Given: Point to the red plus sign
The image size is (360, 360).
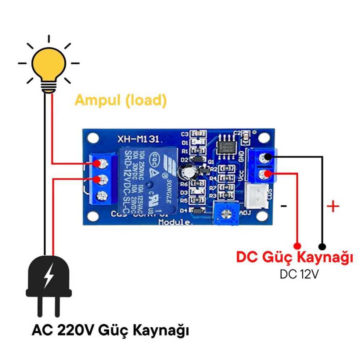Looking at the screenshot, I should (x=333, y=206).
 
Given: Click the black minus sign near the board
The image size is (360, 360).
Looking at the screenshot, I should (x=284, y=206).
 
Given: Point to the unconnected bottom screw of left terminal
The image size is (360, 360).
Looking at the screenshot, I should (x=102, y=196).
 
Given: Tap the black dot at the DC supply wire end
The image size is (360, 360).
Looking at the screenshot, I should (x=322, y=246).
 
